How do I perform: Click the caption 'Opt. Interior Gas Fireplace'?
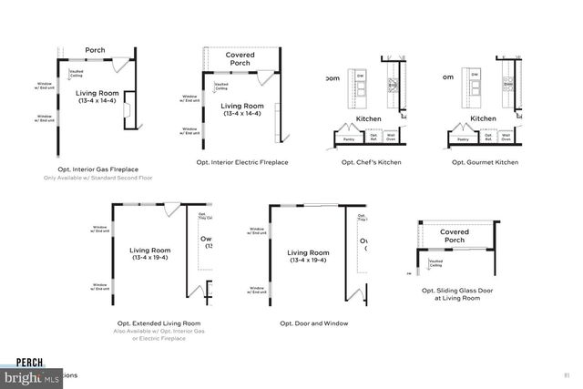pyautogui.click(x=96, y=169)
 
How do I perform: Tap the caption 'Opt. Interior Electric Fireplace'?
pyautogui.click(x=242, y=162)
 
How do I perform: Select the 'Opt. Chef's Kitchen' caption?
pyautogui.click(x=371, y=162)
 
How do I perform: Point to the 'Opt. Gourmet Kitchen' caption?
pyautogui.click(x=485, y=162)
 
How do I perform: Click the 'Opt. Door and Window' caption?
pyautogui.click(x=313, y=322)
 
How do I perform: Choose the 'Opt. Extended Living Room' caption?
pyautogui.click(x=159, y=322)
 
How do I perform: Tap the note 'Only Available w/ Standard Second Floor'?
pyautogui.click(x=96, y=178)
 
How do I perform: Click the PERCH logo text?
pyautogui.click(x=17, y=361)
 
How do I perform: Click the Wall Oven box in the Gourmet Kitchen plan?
pyautogui.click(x=504, y=138)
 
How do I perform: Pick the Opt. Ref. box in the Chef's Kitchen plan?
pyautogui.click(x=373, y=138)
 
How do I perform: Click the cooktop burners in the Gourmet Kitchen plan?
pyautogui.click(x=507, y=87)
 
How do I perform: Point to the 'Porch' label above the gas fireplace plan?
pyautogui.click(x=96, y=49)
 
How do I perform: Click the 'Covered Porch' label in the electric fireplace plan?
pyautogui.click(x=240, y=59)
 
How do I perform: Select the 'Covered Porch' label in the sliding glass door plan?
pyautogui.click(x=455, y=236)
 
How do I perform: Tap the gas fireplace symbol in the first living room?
pyautogui.click(x=128, y=111)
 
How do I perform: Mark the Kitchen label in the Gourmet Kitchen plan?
pyautogui.click(x=483, y=118)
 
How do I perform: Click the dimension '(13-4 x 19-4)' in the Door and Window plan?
pyautogui.click(x=307, y=261)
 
